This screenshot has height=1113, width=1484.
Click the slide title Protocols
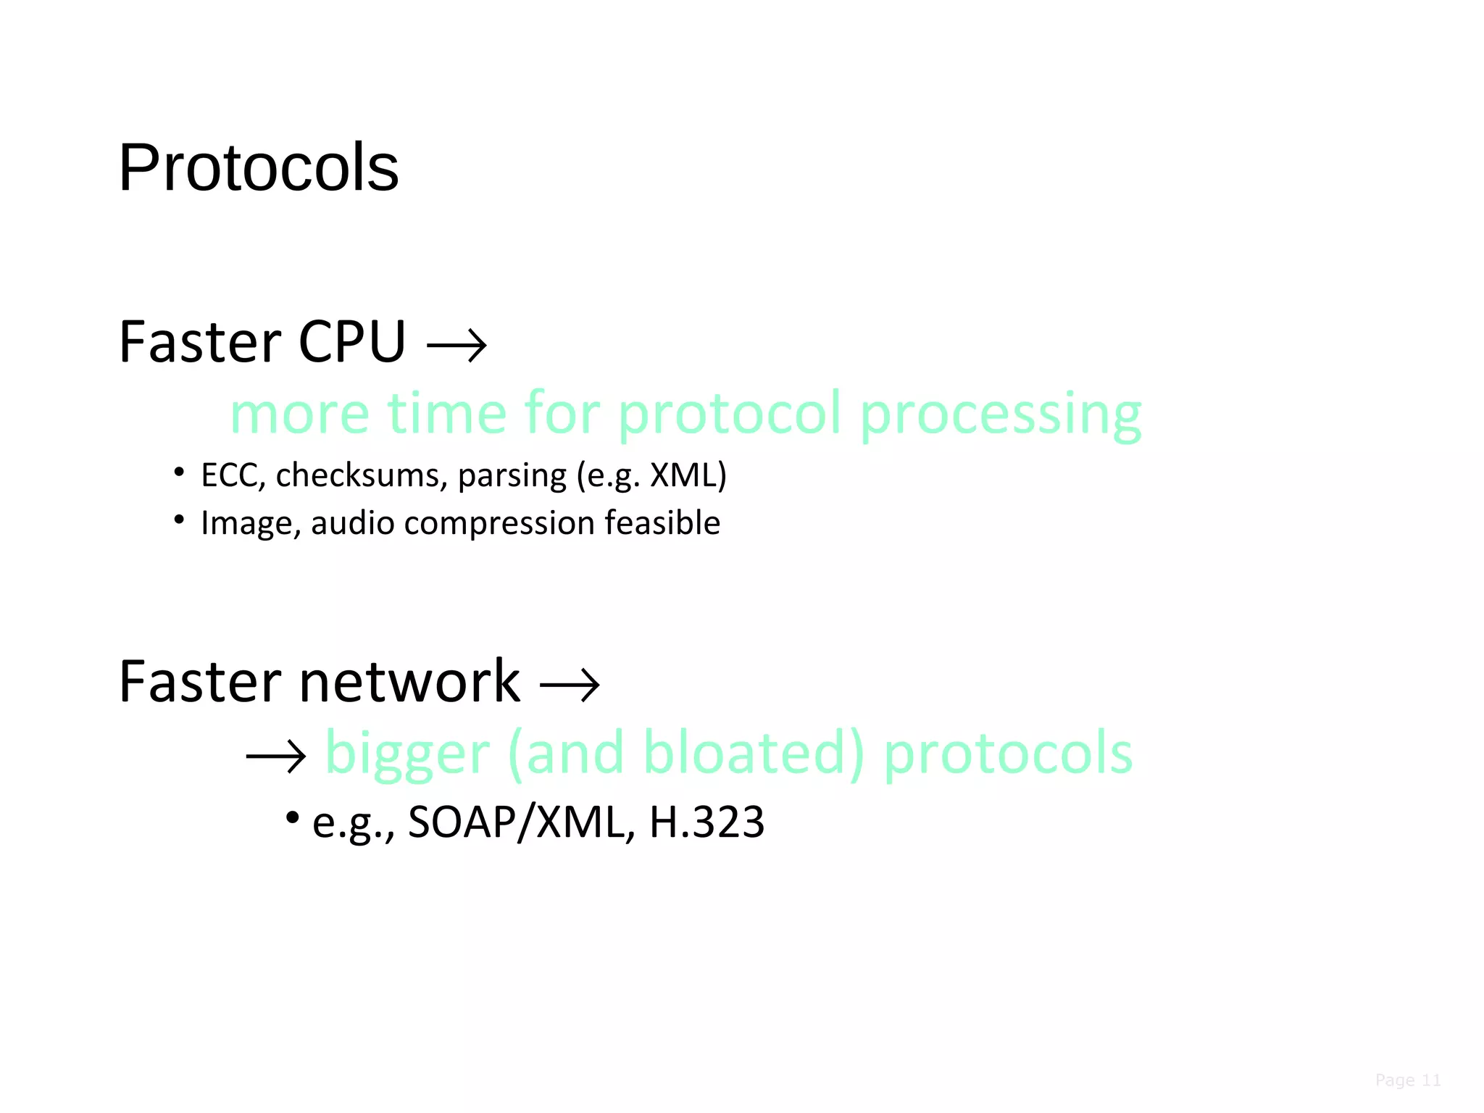[259, 167]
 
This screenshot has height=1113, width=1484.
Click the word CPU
[352, 342]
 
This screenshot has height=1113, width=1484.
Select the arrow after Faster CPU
[457, 346]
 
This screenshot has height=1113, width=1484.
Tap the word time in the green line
[446, 413]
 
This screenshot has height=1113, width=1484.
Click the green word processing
[1001, 414]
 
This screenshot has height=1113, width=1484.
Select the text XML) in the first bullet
[688, 475]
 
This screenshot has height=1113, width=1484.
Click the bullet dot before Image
[179, 519]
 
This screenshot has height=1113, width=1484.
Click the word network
[409, 682]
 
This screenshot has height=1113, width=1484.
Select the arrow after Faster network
[570, 685]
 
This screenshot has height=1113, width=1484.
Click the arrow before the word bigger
[276, 757]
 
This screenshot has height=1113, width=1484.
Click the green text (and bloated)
[686, 753]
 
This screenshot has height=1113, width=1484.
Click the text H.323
[706, 822]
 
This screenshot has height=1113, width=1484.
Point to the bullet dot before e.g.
[293, 818]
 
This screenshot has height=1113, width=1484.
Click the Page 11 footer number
[1407, 1080]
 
